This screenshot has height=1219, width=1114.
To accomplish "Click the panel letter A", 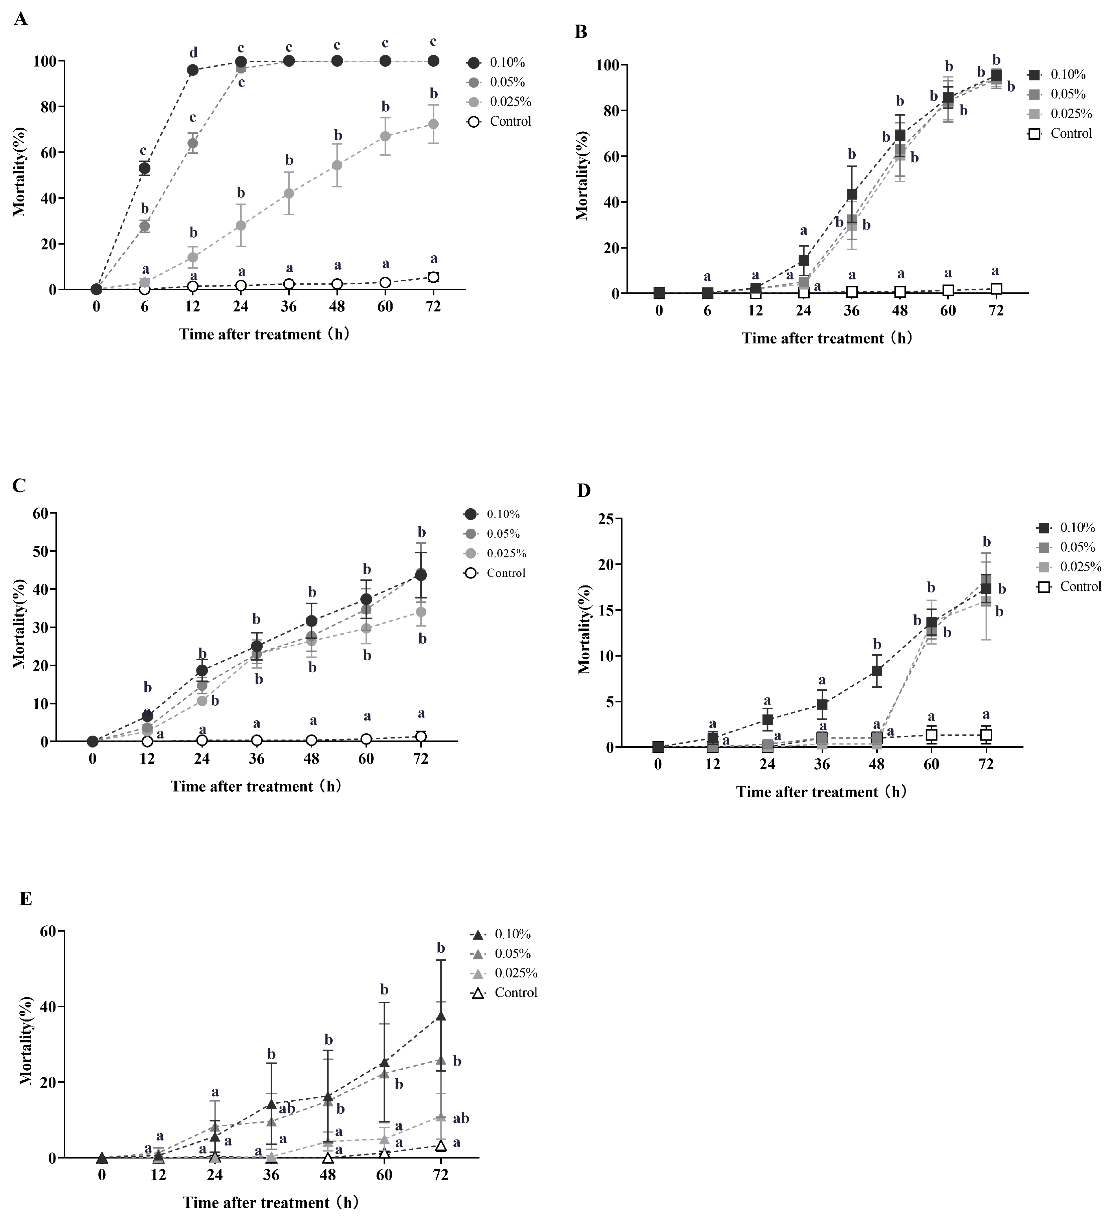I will pos(21,19).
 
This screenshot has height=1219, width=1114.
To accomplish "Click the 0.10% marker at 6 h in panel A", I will pos(145,168).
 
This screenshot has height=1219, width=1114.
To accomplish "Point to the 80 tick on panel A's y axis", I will pos(49,107).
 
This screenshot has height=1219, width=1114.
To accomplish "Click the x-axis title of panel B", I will pos(827,338).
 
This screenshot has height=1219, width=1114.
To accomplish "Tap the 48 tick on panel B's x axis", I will pos(900,311).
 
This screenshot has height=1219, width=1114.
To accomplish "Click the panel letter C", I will pos(19,486).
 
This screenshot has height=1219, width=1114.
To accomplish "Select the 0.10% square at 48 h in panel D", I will pos(876,671).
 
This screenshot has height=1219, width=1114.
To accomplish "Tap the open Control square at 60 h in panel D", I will pos(931,735).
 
